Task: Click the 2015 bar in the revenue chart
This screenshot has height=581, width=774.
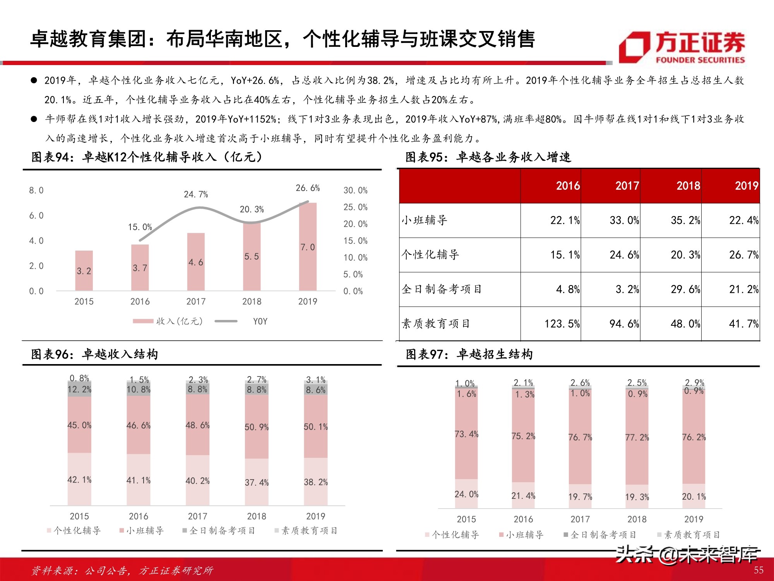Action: (84, 271)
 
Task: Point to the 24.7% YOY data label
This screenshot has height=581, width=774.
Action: (196, 194)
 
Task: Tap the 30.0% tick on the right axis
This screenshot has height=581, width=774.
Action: (355, 190)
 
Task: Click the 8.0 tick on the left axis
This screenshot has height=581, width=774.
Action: (36, 190)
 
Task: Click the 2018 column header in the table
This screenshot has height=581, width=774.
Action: (688, 186)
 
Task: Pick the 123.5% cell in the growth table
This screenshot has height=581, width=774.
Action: (562, 324)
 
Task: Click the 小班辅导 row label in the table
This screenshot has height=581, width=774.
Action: (425, 220)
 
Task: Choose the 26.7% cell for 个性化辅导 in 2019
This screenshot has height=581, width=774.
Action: (743, 255)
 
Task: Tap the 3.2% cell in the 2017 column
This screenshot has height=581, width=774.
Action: (627, 289)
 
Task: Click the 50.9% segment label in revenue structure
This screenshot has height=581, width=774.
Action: (257, 427)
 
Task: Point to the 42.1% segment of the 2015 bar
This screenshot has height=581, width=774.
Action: (79, 480)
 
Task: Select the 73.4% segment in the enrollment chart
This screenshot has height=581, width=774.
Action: (466, 434)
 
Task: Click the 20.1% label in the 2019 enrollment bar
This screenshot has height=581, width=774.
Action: (694, 497)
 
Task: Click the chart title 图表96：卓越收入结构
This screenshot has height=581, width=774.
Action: (95, 354)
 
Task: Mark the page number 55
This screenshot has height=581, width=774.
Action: (759, 570)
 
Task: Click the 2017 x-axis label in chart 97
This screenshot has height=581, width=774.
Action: (580, 519)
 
